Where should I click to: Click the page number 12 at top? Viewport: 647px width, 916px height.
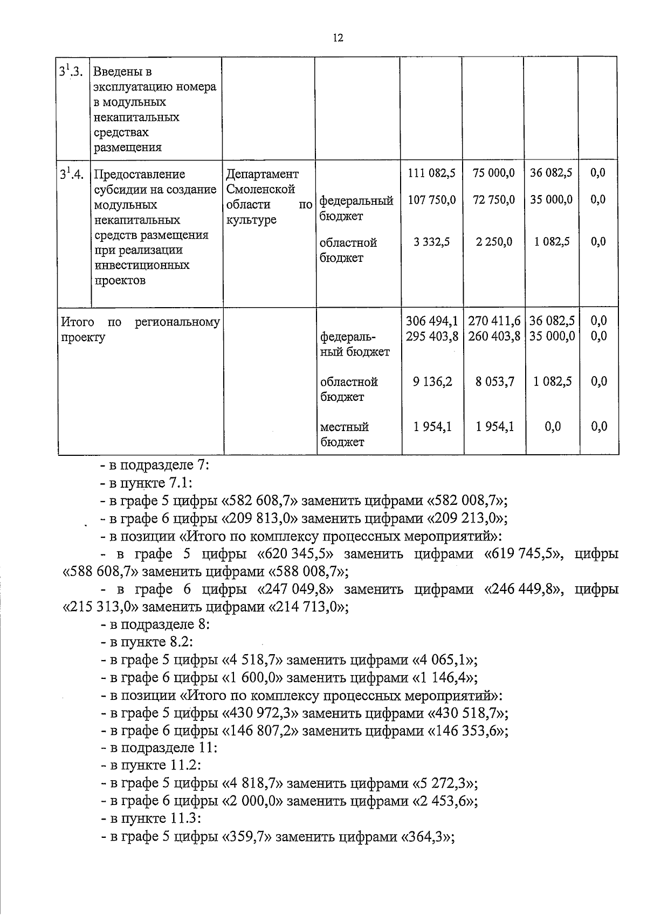point(338,38)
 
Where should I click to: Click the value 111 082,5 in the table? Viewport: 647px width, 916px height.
point(431,173)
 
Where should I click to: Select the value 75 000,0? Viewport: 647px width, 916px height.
point(493,173)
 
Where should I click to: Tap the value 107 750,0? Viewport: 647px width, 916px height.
point(431,200)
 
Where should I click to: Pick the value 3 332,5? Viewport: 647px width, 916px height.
point(432,242)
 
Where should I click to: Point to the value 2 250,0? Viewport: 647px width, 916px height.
point(494,242)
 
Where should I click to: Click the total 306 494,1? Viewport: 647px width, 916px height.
point(432,321)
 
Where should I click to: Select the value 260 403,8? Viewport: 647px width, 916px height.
point(494,336)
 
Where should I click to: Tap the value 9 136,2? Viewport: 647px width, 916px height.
point(432,381)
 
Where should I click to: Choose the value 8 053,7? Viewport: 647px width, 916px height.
point(495,381)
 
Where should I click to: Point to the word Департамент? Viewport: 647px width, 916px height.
point(262,174)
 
